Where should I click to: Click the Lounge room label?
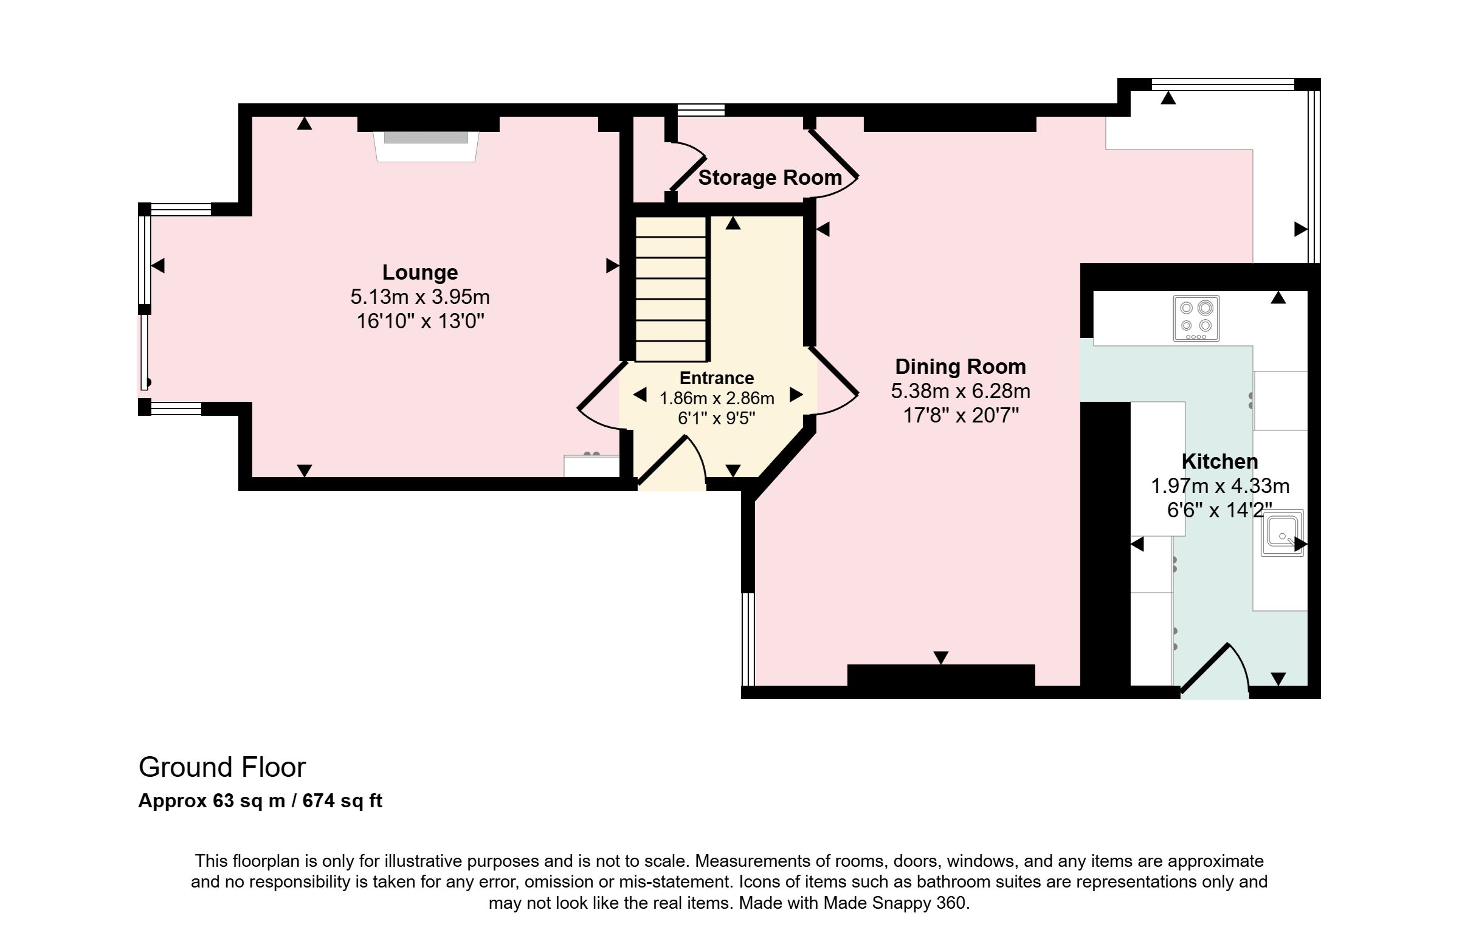419,272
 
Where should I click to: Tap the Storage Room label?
770,178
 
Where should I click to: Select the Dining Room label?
961,367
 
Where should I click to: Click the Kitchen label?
1219,461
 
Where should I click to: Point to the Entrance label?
717,378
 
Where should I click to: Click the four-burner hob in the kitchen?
1196,319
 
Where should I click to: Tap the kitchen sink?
1282,533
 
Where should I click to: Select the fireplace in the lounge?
426,146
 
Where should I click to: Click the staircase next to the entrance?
672,288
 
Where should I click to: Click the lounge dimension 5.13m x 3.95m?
419,297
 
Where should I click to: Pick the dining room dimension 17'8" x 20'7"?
961,416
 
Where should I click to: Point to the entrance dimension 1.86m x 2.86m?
717,398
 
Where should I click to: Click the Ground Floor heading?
222,768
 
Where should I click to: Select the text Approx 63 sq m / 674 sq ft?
260,801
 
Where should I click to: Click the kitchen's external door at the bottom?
1215,670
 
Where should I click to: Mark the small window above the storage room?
701,110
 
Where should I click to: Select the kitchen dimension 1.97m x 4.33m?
1220,486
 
